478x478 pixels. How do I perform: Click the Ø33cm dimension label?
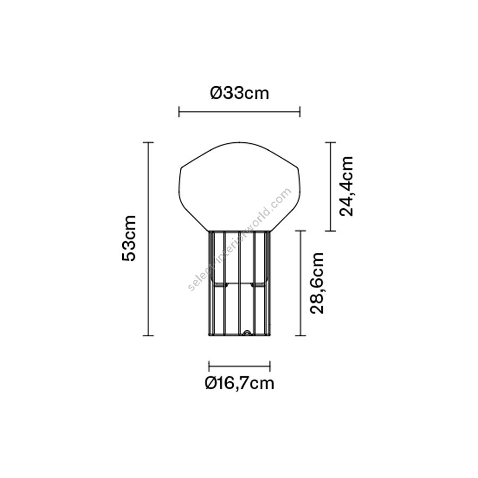240,93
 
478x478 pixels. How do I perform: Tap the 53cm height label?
129,238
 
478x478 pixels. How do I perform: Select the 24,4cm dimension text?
346,186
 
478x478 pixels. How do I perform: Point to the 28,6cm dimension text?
317,283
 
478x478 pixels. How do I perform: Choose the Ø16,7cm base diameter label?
240,383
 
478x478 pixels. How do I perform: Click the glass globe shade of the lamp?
240,186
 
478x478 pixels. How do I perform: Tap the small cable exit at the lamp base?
246,333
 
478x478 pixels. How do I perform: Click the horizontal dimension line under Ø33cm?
240,112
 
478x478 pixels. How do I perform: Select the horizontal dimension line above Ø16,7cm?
240,366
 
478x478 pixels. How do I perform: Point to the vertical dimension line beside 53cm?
148,239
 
